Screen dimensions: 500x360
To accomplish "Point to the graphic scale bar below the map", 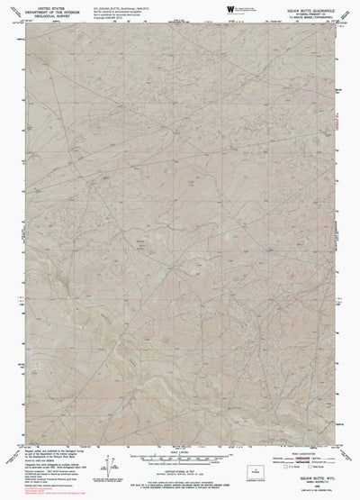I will tap(180, 461).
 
